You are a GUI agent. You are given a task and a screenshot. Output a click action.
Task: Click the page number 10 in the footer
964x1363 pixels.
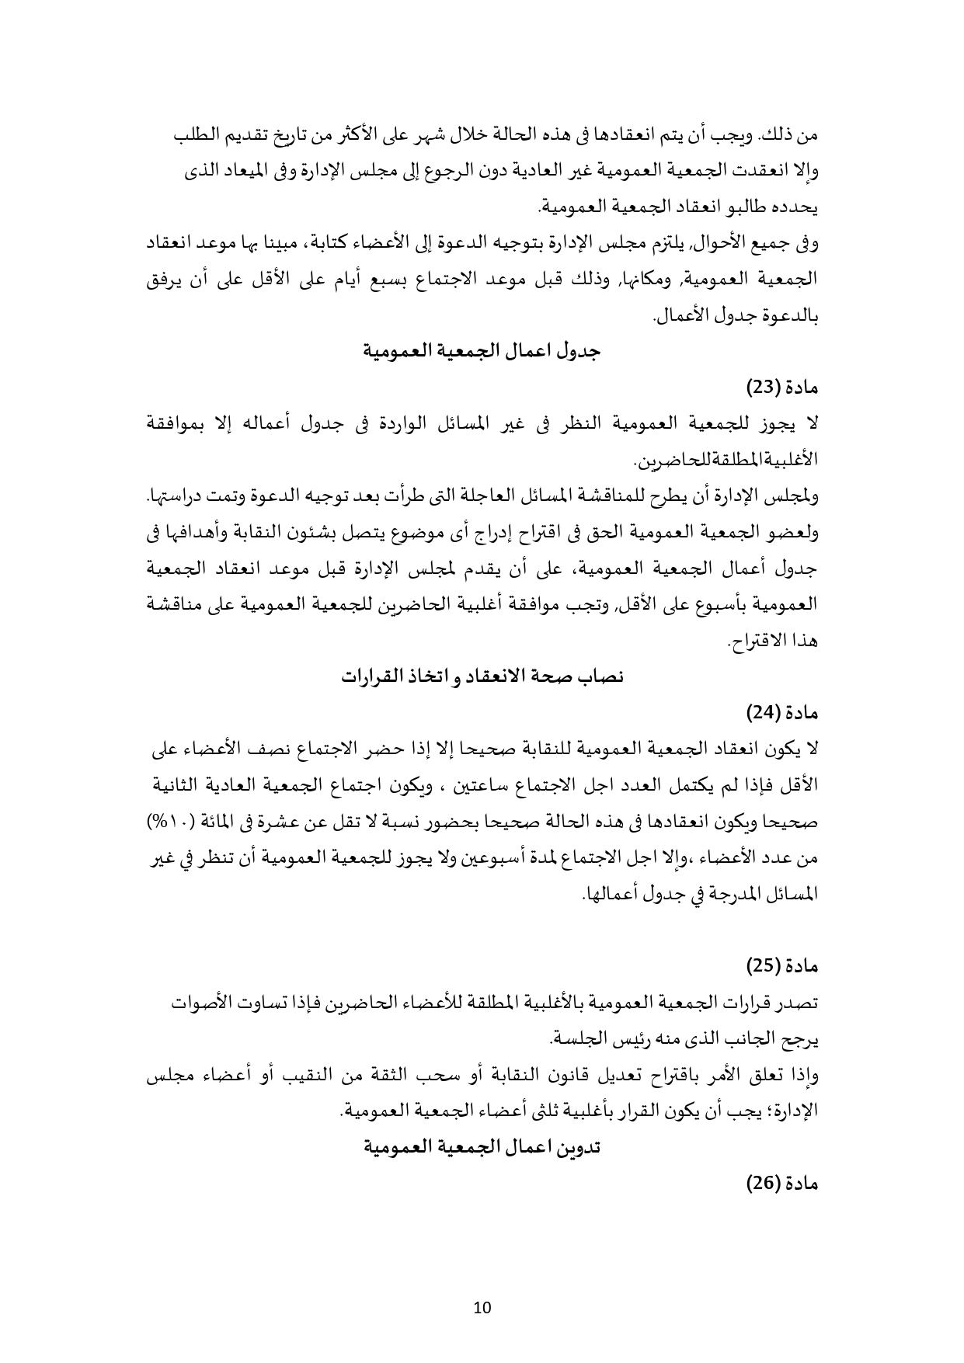coord(482,1307)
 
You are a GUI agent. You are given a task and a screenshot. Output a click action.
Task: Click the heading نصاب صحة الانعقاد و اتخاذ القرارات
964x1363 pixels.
coord(483,676)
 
